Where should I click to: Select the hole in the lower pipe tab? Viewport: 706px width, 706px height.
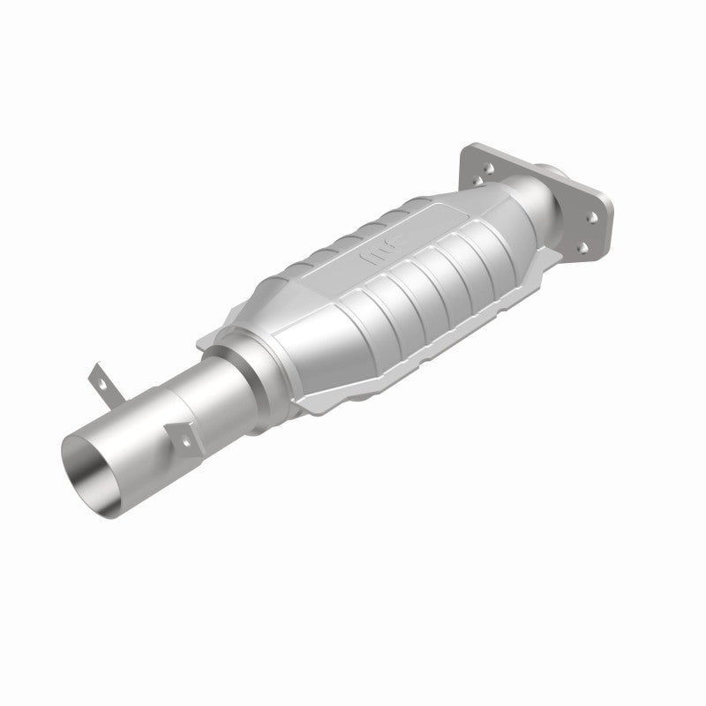point(185,437)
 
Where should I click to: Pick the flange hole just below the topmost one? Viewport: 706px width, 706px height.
point(477,181)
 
